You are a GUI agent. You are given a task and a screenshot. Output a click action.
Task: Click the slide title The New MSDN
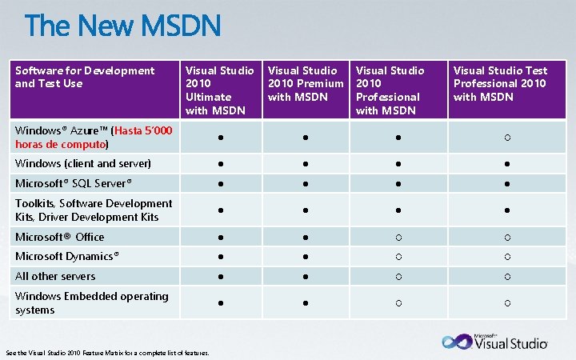click(122, 27)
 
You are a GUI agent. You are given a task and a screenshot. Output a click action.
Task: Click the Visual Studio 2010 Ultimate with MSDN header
click(219, 90)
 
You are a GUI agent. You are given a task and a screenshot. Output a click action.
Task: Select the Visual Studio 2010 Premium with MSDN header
click(306, 84)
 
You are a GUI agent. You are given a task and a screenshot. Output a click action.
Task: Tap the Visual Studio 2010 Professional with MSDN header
click(390, 90)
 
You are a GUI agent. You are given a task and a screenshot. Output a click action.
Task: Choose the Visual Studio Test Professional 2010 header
click(499, 84)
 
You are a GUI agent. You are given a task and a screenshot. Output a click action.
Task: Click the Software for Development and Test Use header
click(85, 77)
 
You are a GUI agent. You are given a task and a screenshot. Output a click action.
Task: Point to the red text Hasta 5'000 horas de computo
click(94, 138)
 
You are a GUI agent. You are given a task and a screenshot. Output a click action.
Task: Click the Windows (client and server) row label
click(83, 163)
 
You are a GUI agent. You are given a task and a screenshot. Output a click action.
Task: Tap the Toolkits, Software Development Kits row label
click(94, 210)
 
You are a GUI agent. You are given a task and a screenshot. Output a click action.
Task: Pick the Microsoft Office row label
click(60, 237)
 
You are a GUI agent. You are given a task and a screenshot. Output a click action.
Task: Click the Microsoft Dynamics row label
click(67, 256)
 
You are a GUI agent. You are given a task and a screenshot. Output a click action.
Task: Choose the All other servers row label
click(55, 276)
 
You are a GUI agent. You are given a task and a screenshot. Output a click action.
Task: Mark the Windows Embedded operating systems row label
click(92, 302)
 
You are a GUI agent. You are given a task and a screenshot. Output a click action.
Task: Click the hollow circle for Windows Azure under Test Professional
click(507, 138)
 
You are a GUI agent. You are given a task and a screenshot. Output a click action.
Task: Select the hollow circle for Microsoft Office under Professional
click(394, 238)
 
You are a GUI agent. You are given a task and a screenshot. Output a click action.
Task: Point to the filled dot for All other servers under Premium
click(306, 277)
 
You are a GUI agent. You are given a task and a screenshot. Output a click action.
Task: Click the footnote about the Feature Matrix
click(108, 353)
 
